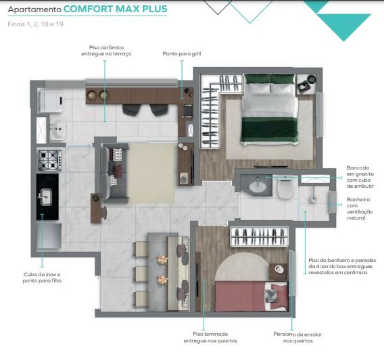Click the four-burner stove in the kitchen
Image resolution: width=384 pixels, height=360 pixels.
click(50, 160)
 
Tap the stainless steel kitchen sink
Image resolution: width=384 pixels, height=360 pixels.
click(46, 197)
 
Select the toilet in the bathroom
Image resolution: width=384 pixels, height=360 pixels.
click(285, 188)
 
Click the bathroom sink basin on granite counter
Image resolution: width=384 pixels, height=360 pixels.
click(258, 186)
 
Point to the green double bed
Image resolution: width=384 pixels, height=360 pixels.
click(269, 109)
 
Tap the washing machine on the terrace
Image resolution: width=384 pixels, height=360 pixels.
click(51, 101)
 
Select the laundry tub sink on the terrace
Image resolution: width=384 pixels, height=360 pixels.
click(57, 128)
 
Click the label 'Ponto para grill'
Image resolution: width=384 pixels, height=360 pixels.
click(182, 53)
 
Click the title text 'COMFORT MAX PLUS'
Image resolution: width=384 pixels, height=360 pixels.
click(116, 9)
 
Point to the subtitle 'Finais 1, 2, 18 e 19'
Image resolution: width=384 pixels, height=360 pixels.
click(36, 24)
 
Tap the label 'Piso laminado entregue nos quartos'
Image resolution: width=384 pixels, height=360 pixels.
click(210, 337)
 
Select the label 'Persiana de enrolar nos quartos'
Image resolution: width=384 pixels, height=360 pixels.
click(297, 338)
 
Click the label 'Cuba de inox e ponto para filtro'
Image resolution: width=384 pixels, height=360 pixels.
click(42, 278)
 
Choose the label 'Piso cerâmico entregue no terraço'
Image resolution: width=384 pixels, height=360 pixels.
click(106, 51)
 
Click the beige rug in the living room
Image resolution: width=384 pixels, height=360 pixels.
click(151, 173)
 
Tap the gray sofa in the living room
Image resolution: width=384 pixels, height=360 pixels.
click(115, 173)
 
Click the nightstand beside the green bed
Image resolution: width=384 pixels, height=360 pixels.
click(306, 84)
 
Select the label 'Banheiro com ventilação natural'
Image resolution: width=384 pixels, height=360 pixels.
click(360, 209)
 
